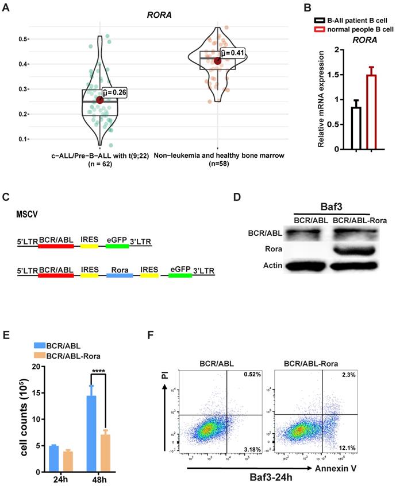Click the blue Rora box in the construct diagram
(x=120, y=275)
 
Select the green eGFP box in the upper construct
(x=117, y=245)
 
